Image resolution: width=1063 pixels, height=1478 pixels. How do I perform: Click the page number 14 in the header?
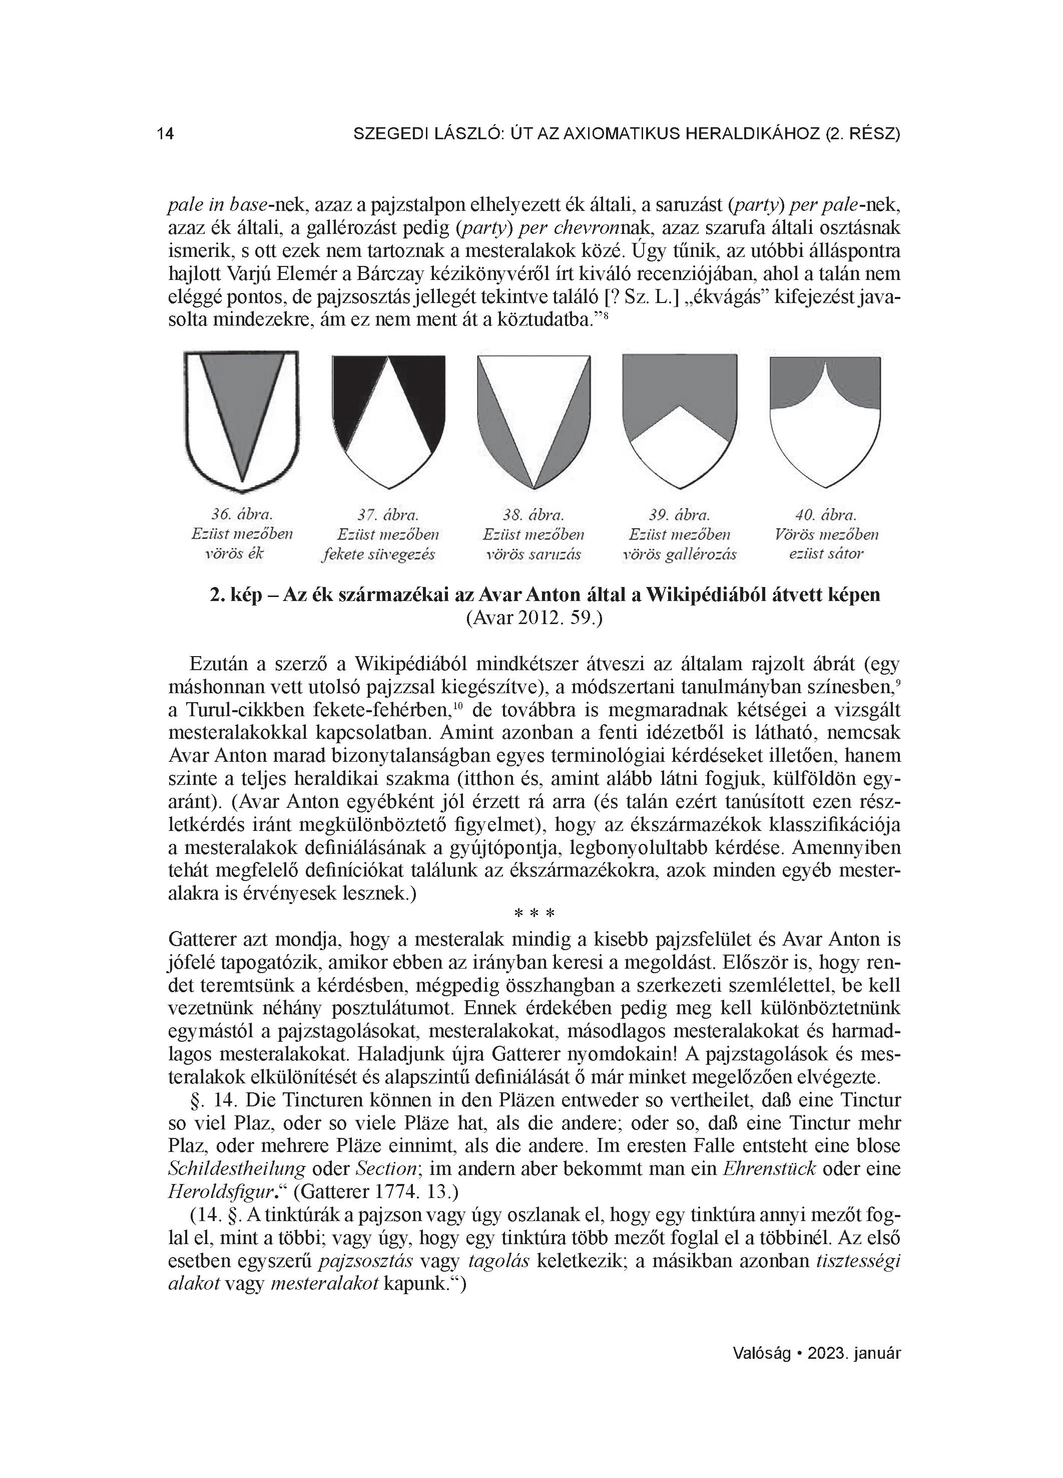(x=166, y=134)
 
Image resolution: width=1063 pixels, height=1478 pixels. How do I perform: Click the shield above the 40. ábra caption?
(x=825, y=420)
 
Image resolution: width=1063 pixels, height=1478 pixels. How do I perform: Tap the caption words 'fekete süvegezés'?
(x=378, y=555)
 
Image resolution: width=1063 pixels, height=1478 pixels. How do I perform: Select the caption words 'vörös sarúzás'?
(x=534, y=555)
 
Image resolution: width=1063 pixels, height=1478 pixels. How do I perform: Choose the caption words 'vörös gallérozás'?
(x=679, y=555)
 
